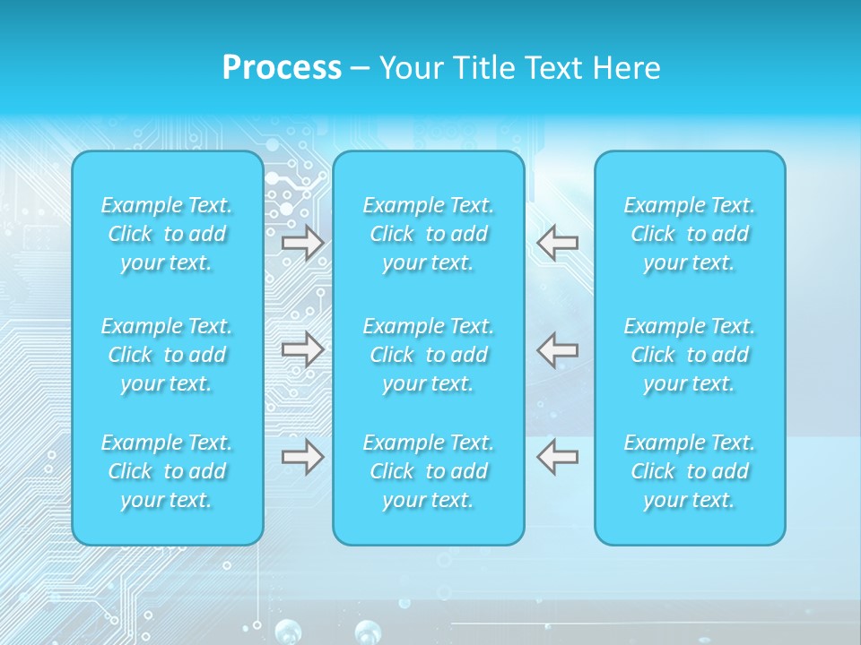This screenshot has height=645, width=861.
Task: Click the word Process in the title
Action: click(x=282, y=68)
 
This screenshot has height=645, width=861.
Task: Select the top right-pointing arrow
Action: click(x=303, y=243)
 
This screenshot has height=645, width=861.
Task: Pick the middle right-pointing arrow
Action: click(x=303, y=348)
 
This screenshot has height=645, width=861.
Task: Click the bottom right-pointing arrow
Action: click(x=303, y=457)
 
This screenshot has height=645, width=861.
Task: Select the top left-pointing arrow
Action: click(x=558, y=242)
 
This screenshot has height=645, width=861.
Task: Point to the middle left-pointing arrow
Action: click(x=558, y=348)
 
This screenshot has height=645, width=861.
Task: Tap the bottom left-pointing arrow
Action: click(x=558, y=457)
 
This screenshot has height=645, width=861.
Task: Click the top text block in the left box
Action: click(x=167, y=234)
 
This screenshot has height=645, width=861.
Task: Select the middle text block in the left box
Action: click(x=167, y=355)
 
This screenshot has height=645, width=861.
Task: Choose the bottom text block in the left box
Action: click(x=167, y=471)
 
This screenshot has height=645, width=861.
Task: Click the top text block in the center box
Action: click(x=429, y=234)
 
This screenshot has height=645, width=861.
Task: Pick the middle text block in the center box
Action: click(x=429, y=355)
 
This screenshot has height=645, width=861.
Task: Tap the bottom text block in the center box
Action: click(x=429, y=471)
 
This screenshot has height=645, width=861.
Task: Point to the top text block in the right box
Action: click(x=690, y=234)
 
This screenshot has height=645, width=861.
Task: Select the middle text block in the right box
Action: click(x=690, y=355)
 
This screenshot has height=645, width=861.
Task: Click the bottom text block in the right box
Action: click(x=690, y=471)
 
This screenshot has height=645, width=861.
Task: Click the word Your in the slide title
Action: click(x=408, y=68)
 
